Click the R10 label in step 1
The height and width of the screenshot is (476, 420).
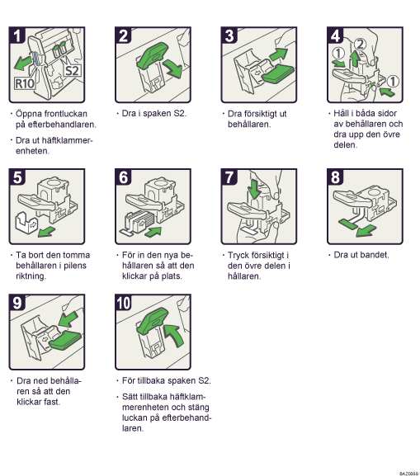24,83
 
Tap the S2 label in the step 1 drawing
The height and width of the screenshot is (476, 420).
73,70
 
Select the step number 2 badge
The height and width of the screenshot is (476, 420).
123,35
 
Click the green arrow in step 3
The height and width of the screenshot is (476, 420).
278,54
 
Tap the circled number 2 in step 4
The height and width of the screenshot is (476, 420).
360,45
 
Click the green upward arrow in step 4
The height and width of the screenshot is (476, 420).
355,58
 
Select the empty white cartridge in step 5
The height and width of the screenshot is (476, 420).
26,222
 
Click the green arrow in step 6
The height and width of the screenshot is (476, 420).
153,232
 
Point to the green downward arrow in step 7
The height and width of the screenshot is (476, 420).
254,189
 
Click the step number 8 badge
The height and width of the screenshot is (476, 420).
335,177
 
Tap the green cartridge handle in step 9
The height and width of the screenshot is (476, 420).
64,341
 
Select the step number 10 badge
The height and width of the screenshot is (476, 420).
123,303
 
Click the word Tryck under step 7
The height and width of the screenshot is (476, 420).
238,256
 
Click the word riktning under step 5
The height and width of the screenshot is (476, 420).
31,276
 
